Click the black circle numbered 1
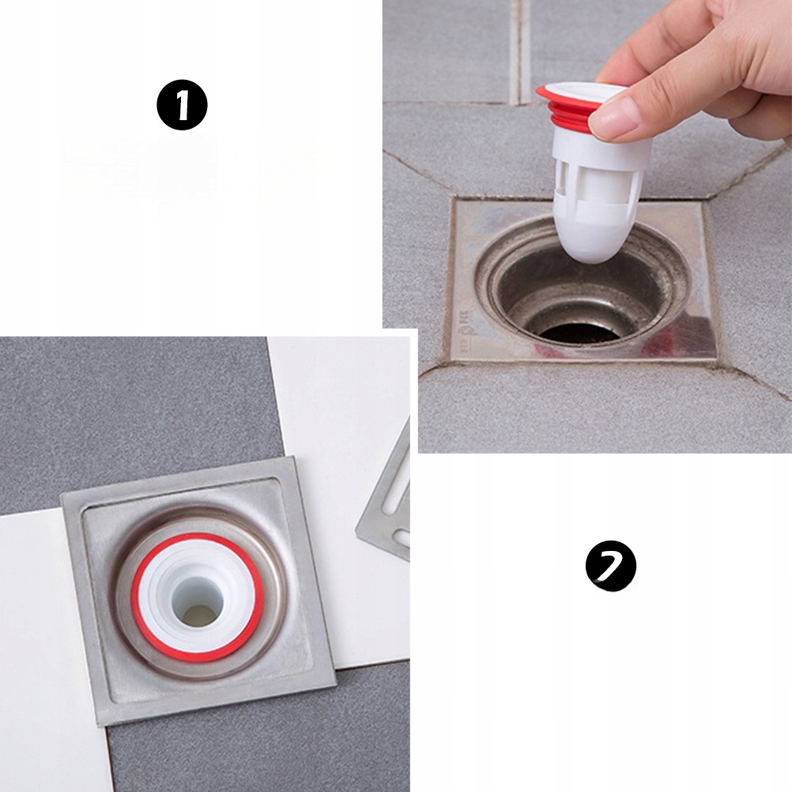click(182, 106)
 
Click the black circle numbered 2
click(611, 565)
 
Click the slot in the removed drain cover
click(398, 485)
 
